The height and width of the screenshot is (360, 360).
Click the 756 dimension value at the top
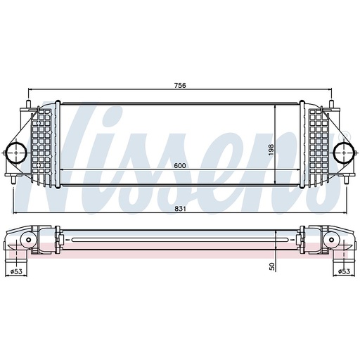[180, 85]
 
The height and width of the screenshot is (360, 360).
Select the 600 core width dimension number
[180, 165]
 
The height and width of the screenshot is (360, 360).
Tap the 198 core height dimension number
[269, 150]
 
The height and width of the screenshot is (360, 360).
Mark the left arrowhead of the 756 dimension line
[30, 91]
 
